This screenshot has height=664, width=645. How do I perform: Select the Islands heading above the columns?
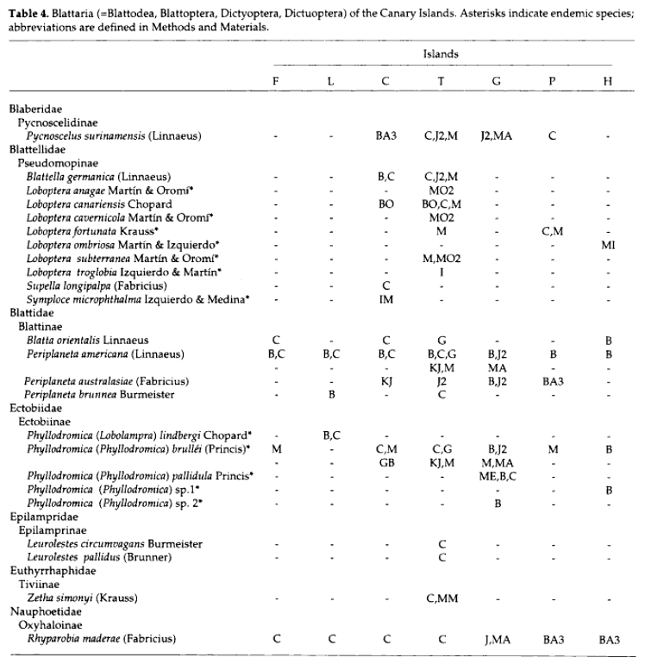click(441, 53)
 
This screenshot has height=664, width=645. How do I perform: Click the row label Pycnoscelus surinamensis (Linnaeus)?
click(102, 135)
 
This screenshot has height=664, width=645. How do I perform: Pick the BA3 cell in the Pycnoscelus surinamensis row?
click(385, 135)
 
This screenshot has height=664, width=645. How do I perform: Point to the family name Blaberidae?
click(34, 110)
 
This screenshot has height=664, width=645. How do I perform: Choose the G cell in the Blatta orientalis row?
click(441, 340)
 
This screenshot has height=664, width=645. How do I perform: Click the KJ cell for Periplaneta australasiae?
click(385, 380)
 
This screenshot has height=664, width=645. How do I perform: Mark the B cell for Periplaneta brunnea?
click(331, 394)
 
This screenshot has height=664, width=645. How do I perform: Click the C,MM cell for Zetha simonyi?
click(441, 598)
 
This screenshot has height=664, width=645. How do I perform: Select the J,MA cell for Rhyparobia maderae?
click(497, 639)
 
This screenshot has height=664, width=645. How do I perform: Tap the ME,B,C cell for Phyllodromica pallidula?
click(497, 475)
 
